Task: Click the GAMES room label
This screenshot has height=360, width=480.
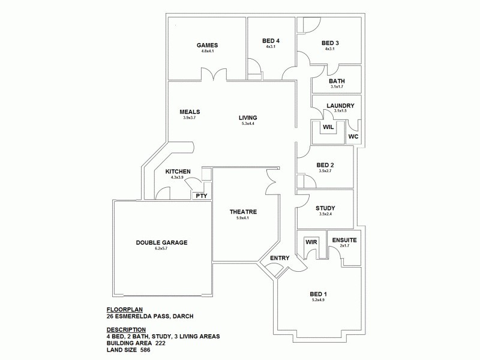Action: (208, 45)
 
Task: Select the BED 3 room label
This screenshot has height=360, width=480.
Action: (330, 43)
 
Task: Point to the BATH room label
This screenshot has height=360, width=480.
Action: (337, 81)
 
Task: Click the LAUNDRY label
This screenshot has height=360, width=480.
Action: (340, 106)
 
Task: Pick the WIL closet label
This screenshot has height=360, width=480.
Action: (328, 127)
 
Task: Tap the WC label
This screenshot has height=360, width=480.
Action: (353, 137)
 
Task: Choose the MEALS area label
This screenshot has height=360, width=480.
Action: (190, 112)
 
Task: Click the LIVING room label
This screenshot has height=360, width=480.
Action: (248, 118)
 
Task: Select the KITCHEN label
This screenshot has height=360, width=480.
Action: (178, 172)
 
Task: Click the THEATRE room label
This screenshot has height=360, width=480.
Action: (243, 212)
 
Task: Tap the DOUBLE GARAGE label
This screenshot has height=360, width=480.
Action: (161, 242)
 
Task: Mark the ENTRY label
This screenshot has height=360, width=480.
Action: (280, 259)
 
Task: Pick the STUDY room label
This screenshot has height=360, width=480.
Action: (325, 208)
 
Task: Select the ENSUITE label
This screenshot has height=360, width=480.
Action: (344, 240)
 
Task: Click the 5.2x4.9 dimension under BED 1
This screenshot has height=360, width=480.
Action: (317, 300)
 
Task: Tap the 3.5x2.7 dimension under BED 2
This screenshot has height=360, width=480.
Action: (325, 171)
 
